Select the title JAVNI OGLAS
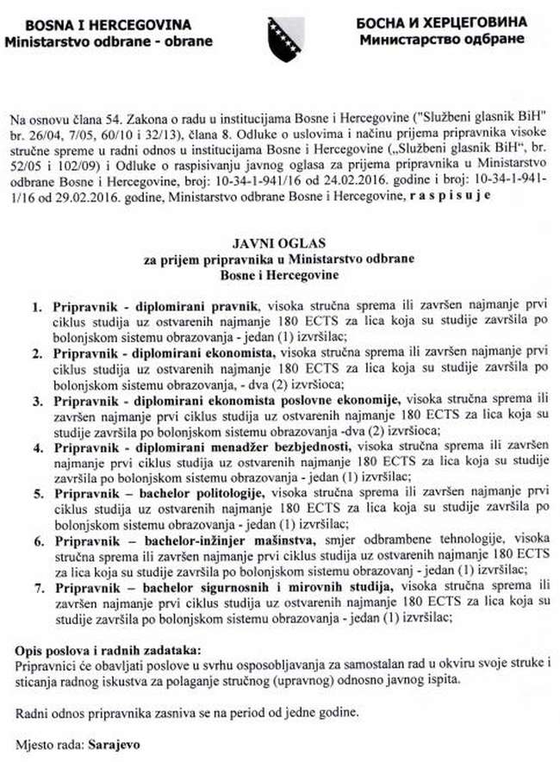click(x=279, y=245)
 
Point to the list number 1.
click(x=37, y=306)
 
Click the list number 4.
click(x=37, y=447)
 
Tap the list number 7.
click(x=37, y=587)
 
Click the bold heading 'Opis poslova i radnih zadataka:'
click(x=109, y=648)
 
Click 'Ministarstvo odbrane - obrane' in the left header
click(x=87, y=40)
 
